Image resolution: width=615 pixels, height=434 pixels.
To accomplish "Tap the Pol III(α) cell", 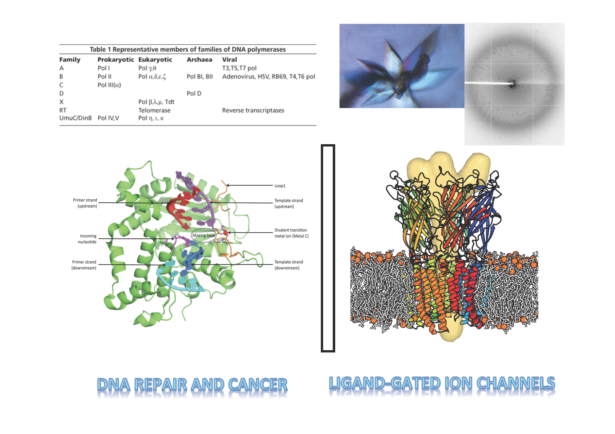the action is [109, 85].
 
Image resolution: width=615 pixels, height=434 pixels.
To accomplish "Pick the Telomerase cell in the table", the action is [154, 110].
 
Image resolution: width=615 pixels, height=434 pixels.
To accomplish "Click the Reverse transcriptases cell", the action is [253, 110].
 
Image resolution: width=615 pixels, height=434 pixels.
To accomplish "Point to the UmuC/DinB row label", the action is [76, 118].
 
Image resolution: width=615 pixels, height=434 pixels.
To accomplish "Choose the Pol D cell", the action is [194, 93].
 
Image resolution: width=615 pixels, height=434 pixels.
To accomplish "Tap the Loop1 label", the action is [280, 186].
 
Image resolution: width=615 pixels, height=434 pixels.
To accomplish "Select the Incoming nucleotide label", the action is [87, 239].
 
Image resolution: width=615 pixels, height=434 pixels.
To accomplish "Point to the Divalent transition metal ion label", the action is [291, 233].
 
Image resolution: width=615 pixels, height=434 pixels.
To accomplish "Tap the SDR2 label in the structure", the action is [221, 241].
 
